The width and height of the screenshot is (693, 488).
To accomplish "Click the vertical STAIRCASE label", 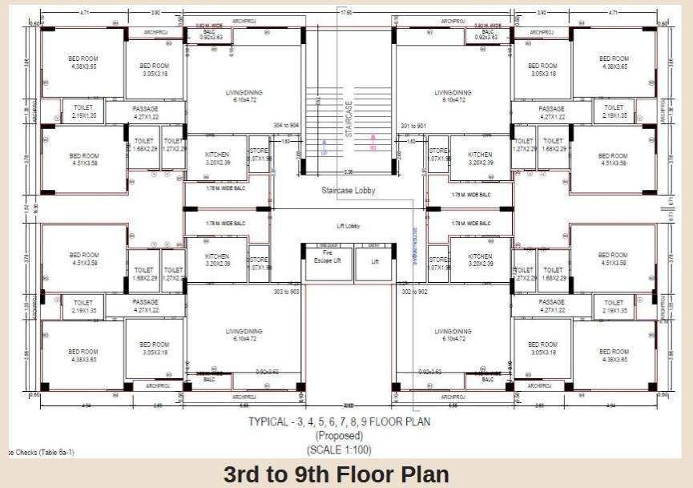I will click(x=349, y=119).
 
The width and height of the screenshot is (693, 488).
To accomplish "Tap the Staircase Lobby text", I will click(x=349, y=191).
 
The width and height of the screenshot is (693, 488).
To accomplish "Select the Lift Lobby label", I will click(x=348, y=227).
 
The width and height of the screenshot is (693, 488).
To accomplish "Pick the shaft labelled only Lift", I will click(x=374, y=261).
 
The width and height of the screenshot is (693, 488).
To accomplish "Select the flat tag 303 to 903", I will click(x=286, y=292).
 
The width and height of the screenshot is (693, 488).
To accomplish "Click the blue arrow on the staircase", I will click(x=324, y=146).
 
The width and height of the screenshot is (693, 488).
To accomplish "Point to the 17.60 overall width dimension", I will click(x=347, y=12).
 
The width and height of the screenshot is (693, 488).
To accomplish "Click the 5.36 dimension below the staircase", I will click(x=348, y=172).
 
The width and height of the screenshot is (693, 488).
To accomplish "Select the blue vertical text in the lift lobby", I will click(x=415, y=244).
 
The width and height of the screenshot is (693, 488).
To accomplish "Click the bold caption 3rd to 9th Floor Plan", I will click(x=336, y=474).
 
